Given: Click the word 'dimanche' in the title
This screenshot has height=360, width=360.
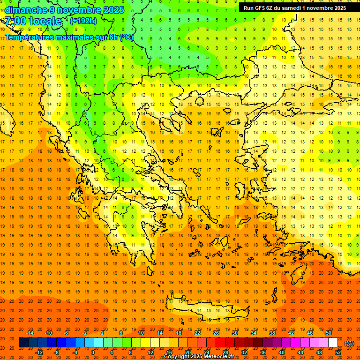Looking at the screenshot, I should [26, 10].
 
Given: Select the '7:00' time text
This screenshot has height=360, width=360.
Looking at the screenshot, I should [15, 21].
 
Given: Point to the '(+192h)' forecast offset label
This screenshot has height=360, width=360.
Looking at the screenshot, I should [83, 21].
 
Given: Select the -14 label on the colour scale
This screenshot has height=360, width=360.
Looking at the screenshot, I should [30, 333].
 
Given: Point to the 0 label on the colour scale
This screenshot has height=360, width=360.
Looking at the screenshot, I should [93, 352].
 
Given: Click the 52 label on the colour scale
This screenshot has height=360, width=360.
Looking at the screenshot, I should [338, 352].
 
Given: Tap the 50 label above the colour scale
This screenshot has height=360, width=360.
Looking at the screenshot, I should [329, 333].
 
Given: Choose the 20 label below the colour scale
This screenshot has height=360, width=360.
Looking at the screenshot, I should [187, 352].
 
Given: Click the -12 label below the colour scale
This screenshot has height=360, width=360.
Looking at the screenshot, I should [39, 352].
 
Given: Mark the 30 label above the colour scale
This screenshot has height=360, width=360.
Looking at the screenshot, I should [234, 333].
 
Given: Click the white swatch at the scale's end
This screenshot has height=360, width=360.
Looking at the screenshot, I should [333, 343].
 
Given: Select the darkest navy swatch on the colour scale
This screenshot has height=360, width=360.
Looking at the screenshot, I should [23, 343].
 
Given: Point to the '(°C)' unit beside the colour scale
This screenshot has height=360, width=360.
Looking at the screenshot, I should [349, 343].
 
